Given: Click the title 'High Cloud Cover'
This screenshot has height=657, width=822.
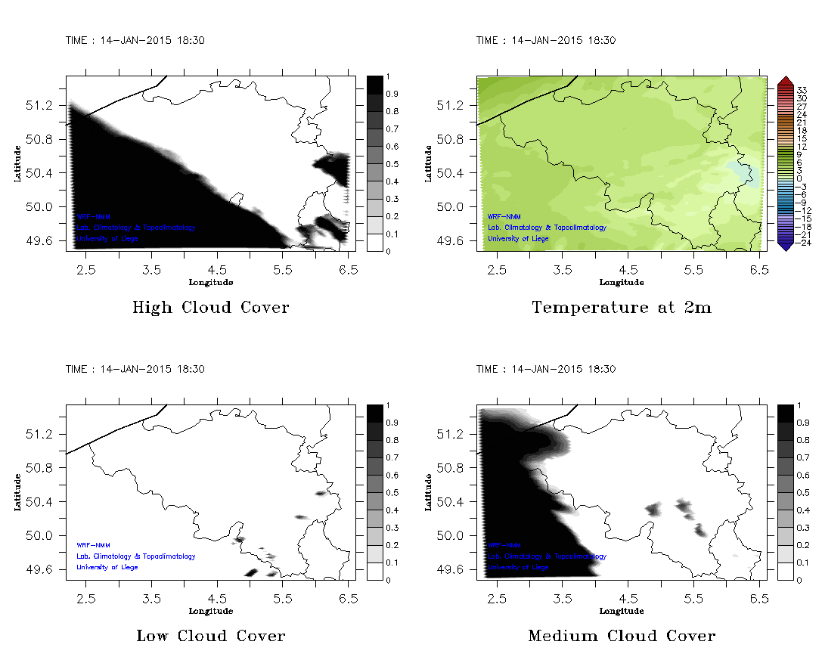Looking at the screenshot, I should (210, 307).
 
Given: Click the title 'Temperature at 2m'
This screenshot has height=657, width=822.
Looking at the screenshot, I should (622, 307).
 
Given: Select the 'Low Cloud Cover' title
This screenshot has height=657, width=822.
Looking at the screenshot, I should (210, 636).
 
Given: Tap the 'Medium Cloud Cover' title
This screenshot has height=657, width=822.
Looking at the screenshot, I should (622, 636).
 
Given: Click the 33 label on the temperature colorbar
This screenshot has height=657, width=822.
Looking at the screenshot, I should (802, 89).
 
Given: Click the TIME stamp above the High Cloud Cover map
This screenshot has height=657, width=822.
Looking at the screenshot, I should (135, 41).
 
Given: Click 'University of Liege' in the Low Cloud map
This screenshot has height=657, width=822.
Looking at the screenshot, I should (107, 567).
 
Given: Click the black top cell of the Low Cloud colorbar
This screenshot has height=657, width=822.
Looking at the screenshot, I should (375, 413).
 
